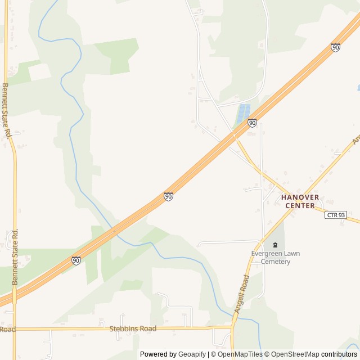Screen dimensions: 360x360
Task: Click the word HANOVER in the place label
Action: (x=300, y=197)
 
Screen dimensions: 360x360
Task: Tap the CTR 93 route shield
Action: (x=335, y=215)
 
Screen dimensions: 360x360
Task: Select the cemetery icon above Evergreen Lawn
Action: (x=275, y=245)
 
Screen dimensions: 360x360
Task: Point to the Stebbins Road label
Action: (x=132, y=328)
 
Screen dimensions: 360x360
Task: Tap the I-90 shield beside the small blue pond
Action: (x=252, y=123)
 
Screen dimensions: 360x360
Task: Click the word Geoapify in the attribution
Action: (x=192, y=354)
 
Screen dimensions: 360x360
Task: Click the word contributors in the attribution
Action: (x=339, y=354)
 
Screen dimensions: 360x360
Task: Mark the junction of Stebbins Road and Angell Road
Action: (x=231, y=327)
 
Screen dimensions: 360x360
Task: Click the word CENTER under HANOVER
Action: (x=300, y=206)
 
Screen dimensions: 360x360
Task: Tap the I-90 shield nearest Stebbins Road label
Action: (x=76, y=260)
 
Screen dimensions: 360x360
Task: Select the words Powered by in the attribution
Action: (x=158, y=354)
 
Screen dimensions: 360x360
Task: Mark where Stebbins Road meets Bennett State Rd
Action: (x=14, y=329)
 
